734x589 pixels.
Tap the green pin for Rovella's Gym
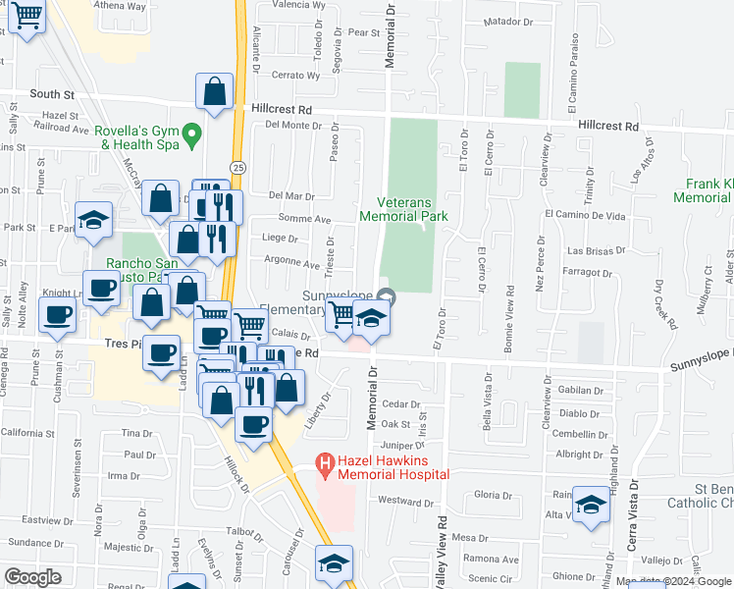[x=193, y=132]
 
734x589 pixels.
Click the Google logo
[x=32, y=577]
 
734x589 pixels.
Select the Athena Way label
[x=119, y=6]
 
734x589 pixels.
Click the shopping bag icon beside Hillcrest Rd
[x=215, y=92]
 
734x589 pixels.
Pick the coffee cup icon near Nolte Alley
[x=57, y=316]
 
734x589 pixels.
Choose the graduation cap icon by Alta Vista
[x=591, y=506]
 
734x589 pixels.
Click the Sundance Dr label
[x=35, y=542]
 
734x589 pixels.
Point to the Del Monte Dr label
[x=293, y=125]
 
